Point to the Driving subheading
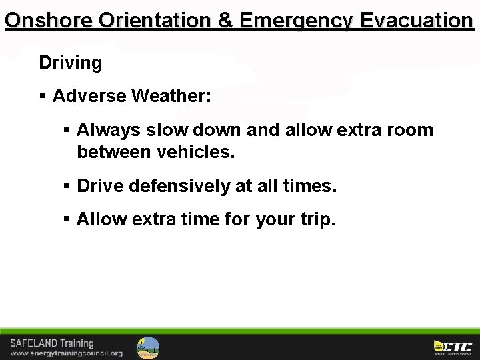[71, 63]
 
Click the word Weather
[171, 96]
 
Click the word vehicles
[196, 152]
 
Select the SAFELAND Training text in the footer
[52, 343]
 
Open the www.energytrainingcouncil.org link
[66, 353]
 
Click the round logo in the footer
[148, 347]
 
